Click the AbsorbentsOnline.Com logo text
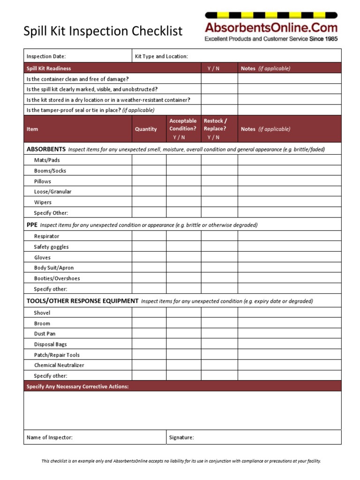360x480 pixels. coord(271,28)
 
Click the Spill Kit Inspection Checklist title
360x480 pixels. coord(103,31)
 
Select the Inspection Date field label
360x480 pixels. coord(46,56)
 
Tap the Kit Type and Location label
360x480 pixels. coord(161,56)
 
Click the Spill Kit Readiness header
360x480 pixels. coord(49,68)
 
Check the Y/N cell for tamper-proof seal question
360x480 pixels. coord(219,110)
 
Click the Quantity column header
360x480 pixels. coord(146,129)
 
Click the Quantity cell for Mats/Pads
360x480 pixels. coord(149,160)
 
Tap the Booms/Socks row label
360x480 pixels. coord(50,171)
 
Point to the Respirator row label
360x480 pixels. coord(46,236)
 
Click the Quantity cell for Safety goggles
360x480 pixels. coord(149,247)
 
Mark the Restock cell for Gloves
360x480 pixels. coord(219,257)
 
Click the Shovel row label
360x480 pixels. coord(42,313)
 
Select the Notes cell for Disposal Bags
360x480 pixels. coord(289,345)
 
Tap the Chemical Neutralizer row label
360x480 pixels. coord(59,365)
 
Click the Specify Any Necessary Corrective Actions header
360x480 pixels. coord(77,386)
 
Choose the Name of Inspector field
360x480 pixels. coord(94,437)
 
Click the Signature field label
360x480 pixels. coord(181,437)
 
